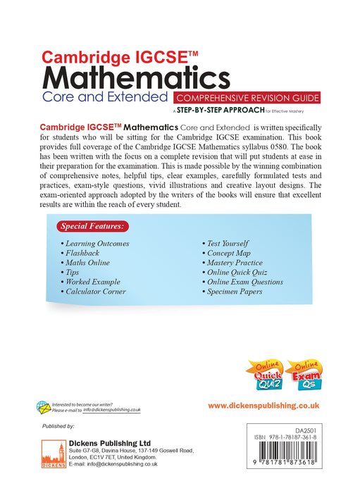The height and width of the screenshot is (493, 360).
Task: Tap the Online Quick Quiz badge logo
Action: coord(263,375)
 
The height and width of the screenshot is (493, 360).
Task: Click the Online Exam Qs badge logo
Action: coord(304,375)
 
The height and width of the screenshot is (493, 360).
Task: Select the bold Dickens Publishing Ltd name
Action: coord(111,442)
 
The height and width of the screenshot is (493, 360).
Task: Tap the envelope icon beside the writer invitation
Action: coord(44,407)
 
